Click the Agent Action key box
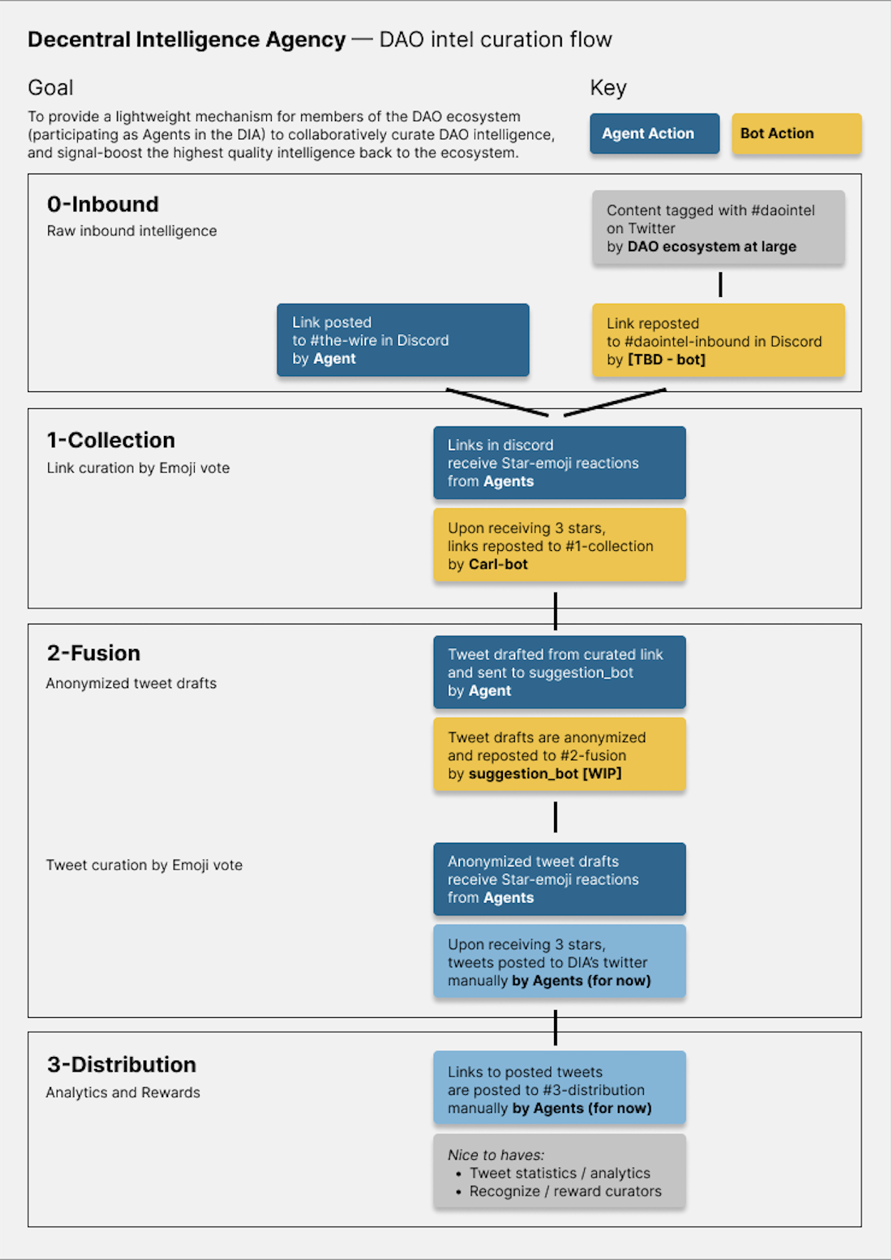654,134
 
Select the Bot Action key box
796,134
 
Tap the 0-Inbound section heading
103,204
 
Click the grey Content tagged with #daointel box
718,228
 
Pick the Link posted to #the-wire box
403,340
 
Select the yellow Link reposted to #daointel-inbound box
718,342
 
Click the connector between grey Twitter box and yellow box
720,284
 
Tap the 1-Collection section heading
111,440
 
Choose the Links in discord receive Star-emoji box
559,463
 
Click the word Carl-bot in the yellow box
497,565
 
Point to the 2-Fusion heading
93,653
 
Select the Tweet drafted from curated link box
559,672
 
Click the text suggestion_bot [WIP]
544,774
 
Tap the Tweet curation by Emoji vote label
144,865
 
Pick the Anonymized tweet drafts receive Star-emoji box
559,879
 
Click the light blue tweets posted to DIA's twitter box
559,962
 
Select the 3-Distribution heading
121,1065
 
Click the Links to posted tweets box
559,1089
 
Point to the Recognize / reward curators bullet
565,1191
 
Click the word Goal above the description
50,88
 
